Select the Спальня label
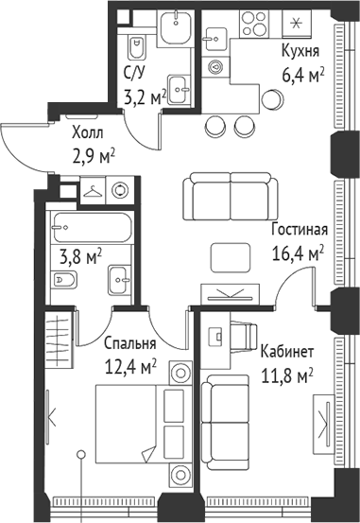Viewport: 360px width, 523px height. [x=130, y=343]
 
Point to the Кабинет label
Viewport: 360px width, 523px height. [x=288, y=352]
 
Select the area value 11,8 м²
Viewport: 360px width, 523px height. [x=286, y=375]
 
